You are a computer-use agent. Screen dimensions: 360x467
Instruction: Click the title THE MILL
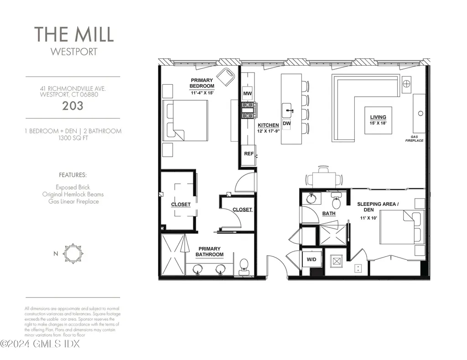click(x=74, y=35)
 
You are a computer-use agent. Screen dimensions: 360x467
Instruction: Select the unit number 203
click(x=73, y=106)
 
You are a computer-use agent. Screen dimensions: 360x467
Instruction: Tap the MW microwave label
click(x=248, y=94)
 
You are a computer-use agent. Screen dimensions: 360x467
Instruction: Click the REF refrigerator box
click(x=249, y=154)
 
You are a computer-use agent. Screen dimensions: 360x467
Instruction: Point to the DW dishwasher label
click(x=287, y=123)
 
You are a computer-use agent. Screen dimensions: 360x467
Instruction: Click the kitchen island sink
click(x=287, y=110)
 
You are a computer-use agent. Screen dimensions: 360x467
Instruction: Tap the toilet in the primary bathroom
click(x=244, y=266)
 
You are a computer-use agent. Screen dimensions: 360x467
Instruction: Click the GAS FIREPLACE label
click(x=414, y=139)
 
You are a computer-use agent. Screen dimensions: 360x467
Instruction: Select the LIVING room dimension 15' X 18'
click(x=378, y=123)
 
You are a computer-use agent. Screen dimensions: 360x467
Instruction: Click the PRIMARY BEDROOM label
click(x=202, y=83)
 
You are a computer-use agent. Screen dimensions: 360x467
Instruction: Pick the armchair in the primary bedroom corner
click(x=225, y=76)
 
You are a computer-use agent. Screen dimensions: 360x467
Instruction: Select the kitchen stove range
click(x=249, y=108)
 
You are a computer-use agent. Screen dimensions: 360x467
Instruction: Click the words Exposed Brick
click(x=73, y=187)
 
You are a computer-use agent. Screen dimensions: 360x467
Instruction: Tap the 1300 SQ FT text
click(x=73, y=138)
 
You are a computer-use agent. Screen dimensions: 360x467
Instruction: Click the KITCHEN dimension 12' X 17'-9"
click(x=268, y=131)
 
